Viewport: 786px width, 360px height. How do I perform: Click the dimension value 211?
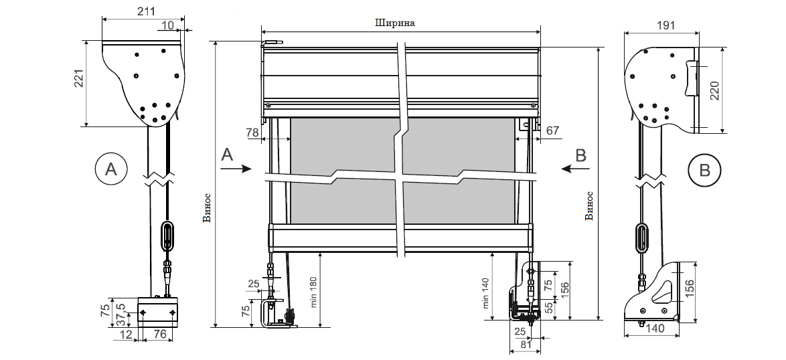pyautogui.click(x=145, y=11)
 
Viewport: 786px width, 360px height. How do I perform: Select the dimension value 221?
pyautogui.click(x=79, y=79)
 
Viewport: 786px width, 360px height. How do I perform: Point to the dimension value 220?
pyautogui.click(x=715, y=90)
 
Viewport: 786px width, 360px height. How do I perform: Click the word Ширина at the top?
pyautogui.click(x=395, y=23)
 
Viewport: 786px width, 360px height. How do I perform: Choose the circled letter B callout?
pyautogui.click(x=704, y=170)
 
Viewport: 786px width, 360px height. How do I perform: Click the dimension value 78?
pyautogui.click(x=253, y=132)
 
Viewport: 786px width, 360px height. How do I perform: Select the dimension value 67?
pyautogui.click(x=552, y=131)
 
